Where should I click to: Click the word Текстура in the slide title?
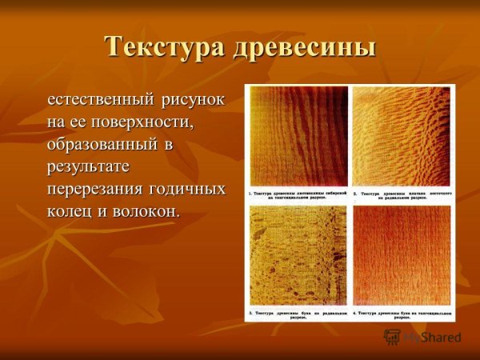coord(164,46)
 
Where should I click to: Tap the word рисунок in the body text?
coord(197,101)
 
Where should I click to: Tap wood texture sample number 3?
coord(298,254)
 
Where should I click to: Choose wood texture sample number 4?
coord(401,254)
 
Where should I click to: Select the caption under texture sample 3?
coord(298,313)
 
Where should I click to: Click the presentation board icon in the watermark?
coord(393,337)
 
